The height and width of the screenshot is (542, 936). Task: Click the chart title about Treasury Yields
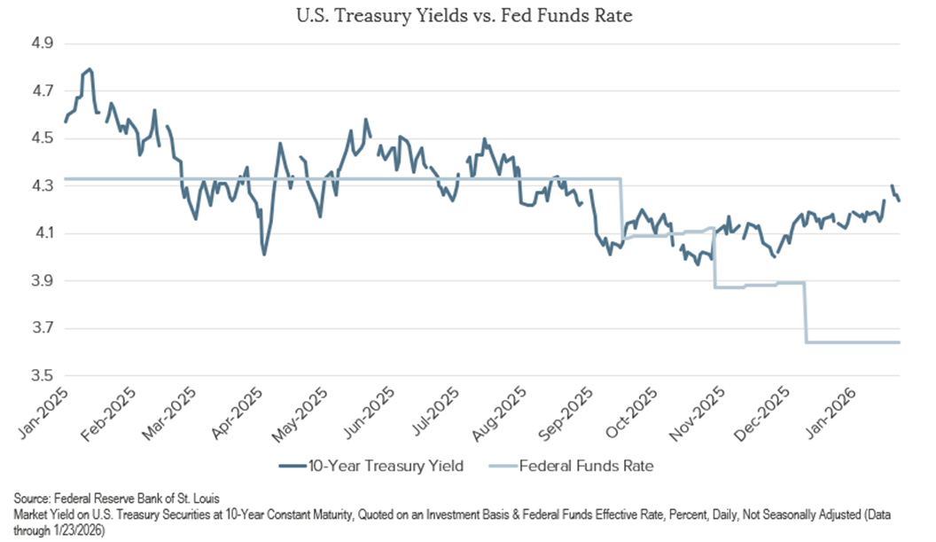click(x=468, y=16)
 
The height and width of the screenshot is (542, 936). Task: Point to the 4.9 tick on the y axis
click(x=43, y=43)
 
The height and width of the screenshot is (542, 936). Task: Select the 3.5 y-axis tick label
click(x=43, y=376)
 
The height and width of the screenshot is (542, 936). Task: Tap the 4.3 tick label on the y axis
click(x=43, y=186)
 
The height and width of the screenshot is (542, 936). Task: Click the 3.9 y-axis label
click(x=43, y=281)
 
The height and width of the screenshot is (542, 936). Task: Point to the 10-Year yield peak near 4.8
click(x=90, y=69)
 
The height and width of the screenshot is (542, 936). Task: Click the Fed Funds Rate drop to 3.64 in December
click(x=806, y=341)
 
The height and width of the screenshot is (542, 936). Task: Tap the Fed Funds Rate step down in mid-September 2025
click(x=620, y=238)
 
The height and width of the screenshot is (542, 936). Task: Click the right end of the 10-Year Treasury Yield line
click(x=899, y=200)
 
